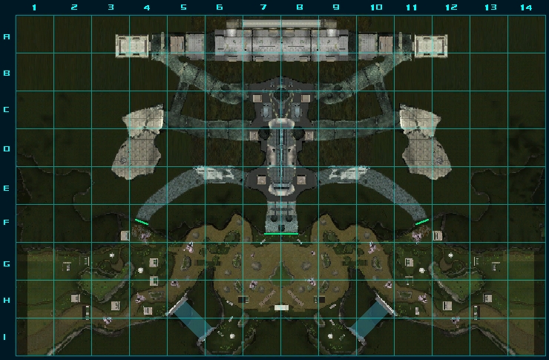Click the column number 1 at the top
34,7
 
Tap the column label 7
263,7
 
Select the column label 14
526,7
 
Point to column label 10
376,7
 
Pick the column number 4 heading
147,7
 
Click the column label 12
451,7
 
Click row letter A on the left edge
7,36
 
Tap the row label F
7,223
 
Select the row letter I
5,337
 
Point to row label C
7,110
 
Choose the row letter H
7,300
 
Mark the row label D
7,149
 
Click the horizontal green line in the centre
281,234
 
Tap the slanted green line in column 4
142,222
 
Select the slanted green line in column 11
422,222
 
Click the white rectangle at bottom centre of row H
281,308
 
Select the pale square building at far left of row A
132,46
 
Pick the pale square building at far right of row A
431,46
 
